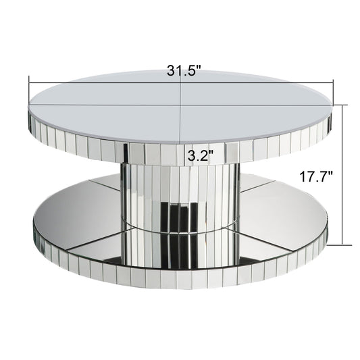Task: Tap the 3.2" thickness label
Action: (x=199, y=155)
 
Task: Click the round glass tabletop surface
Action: (x=135, y=101)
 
